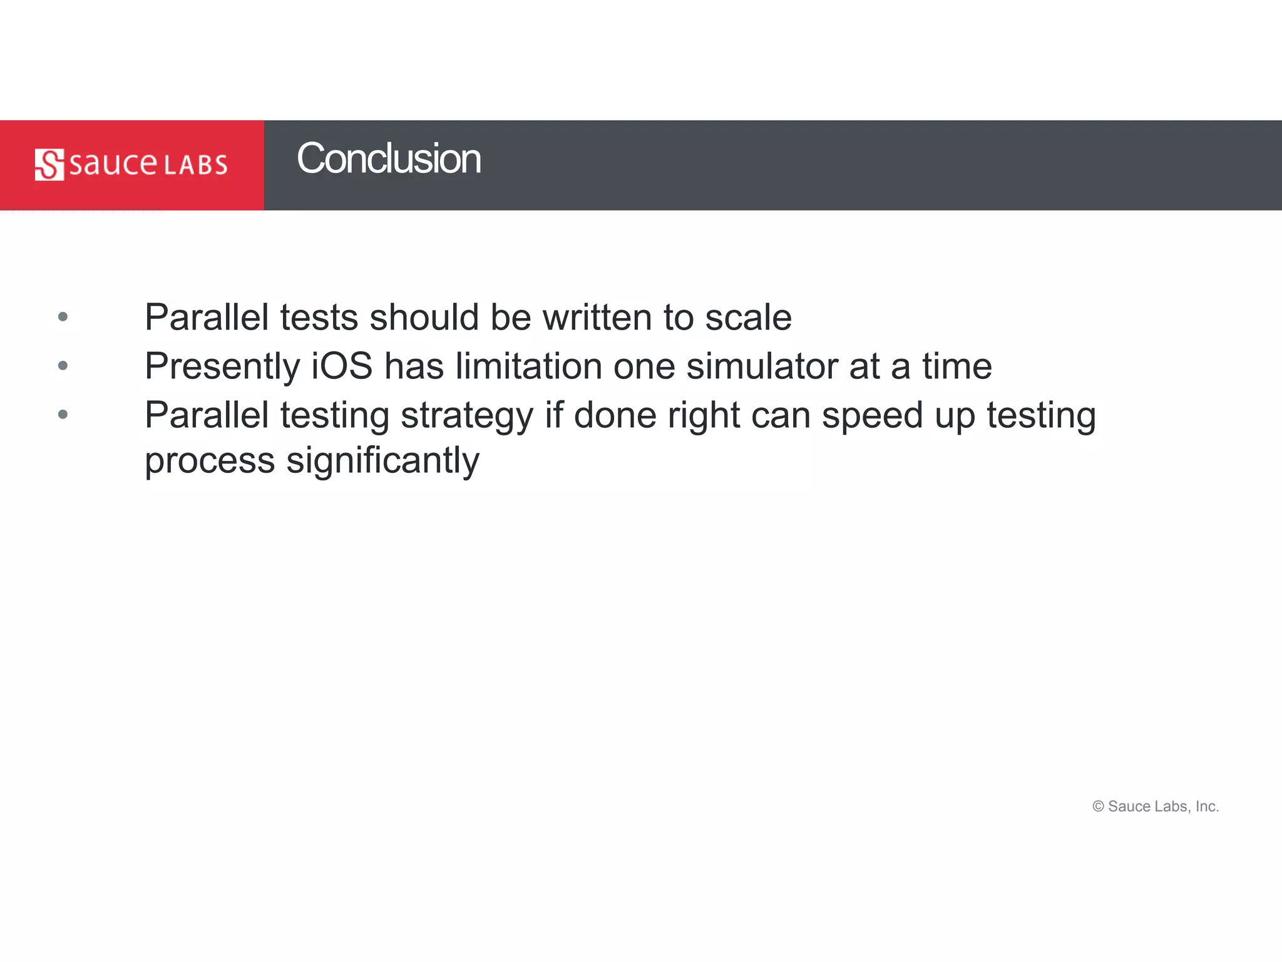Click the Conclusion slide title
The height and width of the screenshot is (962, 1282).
(x=389, y=158)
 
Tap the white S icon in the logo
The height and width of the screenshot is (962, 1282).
(x=49, y=165)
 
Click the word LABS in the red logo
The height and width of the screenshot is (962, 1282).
(x=196, y=165)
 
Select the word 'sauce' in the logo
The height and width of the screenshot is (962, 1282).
(x=113, y=164)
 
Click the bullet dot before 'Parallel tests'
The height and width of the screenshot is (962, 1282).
(x=63, y=317)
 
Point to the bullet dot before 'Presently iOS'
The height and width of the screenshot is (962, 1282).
(x=63, y=365)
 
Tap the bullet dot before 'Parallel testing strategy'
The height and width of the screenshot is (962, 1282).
(x=63, y=414)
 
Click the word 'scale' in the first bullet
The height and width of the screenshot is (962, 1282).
(x=748, y=317)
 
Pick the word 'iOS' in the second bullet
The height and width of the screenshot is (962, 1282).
(x=342, y=366)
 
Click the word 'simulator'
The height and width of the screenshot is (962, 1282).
(x=762, y=366)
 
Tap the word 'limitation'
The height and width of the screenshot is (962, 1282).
(x=529, y=366)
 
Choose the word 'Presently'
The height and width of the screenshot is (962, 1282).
(x=223, y=367)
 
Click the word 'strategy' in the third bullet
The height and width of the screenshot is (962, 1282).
(x=467, y=416)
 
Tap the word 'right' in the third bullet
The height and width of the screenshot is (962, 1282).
(x=704, y=416)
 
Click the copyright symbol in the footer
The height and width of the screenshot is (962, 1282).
(x=1098, y=807)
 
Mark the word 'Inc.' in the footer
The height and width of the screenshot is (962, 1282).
(x=1207, y=807)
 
